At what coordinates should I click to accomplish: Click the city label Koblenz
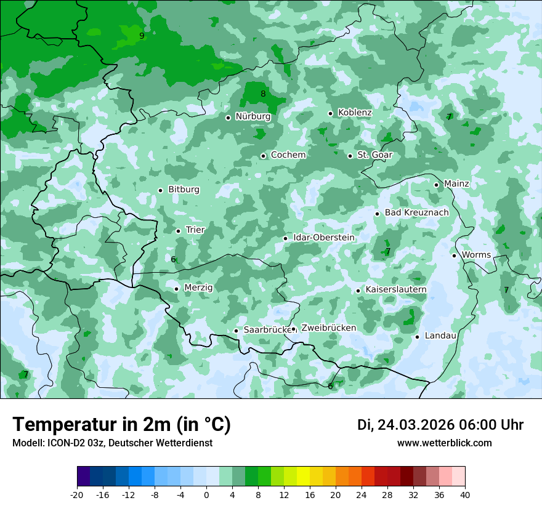355,113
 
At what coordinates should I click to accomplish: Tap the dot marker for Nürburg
228,118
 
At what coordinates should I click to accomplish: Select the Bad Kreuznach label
416,212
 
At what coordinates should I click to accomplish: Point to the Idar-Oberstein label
323,238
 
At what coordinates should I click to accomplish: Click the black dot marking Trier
178,231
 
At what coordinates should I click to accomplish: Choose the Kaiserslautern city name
395,289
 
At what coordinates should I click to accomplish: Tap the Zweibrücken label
328,328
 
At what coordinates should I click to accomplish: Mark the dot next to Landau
417,336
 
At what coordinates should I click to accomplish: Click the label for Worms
476,255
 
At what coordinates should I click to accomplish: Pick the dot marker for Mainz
436,185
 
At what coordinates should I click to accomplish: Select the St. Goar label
374,155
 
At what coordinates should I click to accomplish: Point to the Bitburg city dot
160,190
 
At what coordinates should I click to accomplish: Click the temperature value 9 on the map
142,36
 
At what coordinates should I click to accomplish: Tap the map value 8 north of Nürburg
263,94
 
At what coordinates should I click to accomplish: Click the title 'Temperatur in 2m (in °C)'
121,425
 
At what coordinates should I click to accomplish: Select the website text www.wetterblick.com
444,443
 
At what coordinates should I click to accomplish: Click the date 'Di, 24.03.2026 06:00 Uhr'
440,425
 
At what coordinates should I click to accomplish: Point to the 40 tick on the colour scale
464,495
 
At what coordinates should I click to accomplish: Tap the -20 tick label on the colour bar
76,495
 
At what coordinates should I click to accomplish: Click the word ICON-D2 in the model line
62,443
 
